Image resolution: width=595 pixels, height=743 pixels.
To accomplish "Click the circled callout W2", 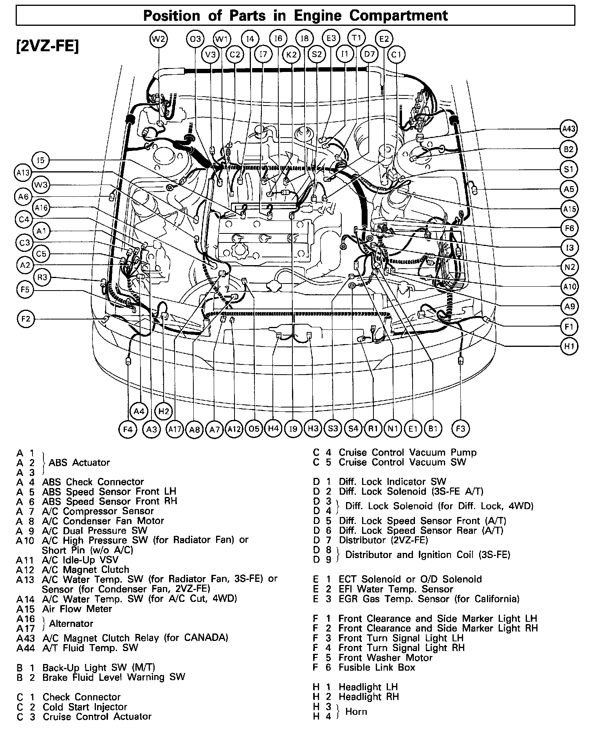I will click(x=159, y=39).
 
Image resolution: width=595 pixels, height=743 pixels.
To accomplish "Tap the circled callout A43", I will click(x=568, y=129).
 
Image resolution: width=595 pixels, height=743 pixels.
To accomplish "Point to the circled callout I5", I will click(x=41, y=160).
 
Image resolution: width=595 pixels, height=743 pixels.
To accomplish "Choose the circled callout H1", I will click(x=569, y=346).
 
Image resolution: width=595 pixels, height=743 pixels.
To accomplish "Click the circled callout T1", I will click(x=356, y=38).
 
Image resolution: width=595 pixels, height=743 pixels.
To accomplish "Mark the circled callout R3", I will click(x=42, y=278).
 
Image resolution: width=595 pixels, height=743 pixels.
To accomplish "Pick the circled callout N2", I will click(x=569, y=267).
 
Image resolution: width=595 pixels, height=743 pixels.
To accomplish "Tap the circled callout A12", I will click(x=234, y=429).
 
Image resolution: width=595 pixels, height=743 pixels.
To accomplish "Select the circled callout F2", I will click(x=26, y=319).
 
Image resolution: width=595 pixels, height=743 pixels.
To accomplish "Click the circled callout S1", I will click(x=568, y=169).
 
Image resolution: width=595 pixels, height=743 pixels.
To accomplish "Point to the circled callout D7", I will click(x=369, y=54).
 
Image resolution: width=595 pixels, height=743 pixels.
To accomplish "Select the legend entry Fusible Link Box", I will click(x=377, y=668).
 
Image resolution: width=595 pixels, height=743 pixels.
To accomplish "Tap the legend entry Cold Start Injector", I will click(x=85, y=707).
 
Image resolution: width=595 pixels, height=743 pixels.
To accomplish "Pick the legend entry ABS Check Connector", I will click(x=93, y=482).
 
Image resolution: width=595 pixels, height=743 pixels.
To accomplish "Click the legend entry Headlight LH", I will click(x=368, y=687).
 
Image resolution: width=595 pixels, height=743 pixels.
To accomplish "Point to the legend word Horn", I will click(x=356, y=711).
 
